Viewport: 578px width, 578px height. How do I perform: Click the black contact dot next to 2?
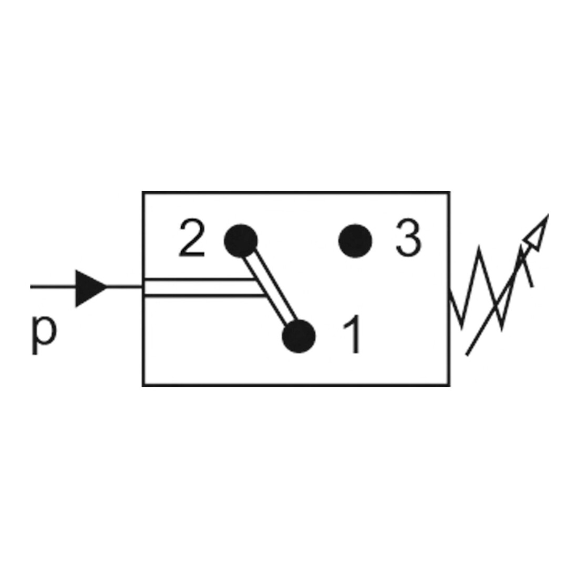241,241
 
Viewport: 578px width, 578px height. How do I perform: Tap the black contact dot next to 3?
355,241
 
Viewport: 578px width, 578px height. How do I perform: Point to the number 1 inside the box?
352,334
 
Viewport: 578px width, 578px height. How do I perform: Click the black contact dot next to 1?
298,336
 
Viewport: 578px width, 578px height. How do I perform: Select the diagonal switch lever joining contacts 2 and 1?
270,288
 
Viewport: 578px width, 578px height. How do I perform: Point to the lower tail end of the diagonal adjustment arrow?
467,355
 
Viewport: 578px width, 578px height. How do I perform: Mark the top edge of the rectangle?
296,192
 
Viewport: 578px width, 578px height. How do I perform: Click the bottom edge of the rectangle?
296,385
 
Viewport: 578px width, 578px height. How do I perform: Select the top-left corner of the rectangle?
143,192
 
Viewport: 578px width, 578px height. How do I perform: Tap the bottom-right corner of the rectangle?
449,385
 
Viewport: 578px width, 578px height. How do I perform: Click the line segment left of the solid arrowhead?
53,287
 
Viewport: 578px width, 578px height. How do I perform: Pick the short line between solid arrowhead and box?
125,287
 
